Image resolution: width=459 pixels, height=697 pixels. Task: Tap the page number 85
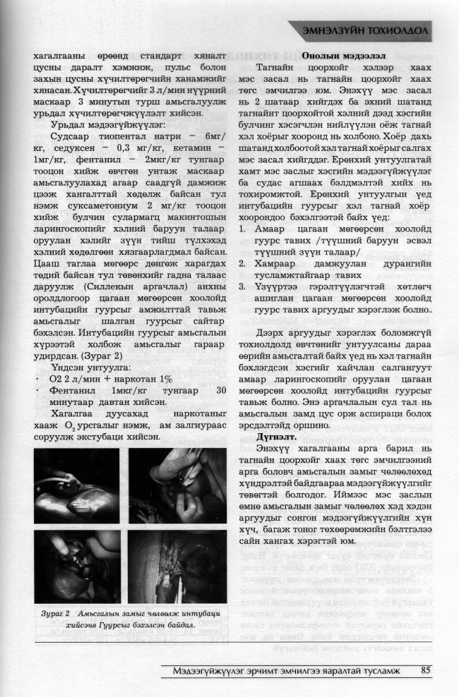tap(426, 670)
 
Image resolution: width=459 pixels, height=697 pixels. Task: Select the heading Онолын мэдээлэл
tap(339, 56)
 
